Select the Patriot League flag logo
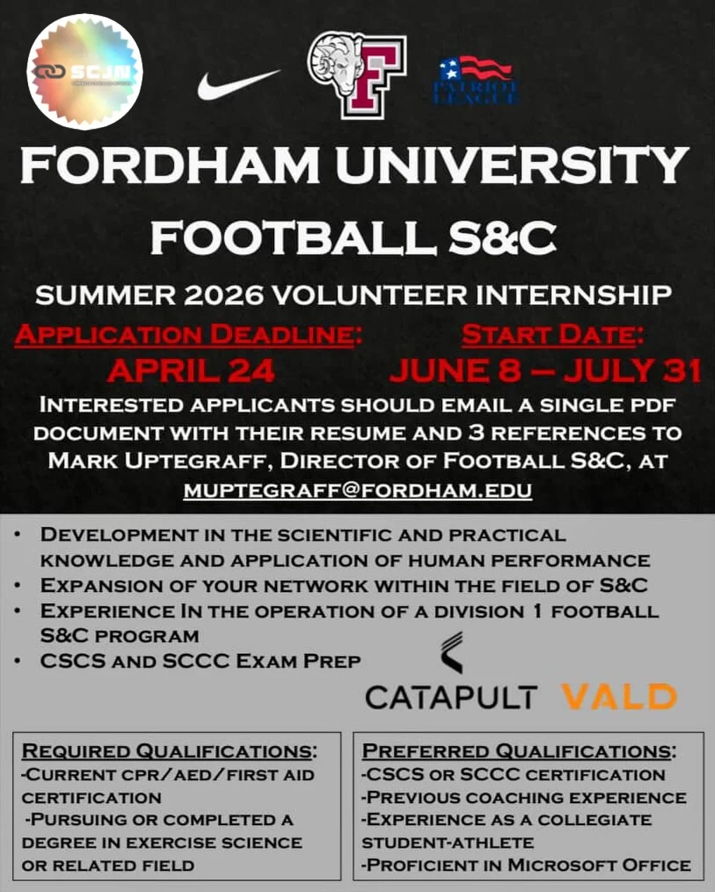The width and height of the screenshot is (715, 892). [478, 80]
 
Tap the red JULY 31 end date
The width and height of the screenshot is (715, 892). [632, 370]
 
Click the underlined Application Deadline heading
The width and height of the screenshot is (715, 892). [187, 334]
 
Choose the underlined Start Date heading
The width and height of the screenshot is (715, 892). [552, 334]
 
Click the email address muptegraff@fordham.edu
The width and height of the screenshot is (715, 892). [357, 490]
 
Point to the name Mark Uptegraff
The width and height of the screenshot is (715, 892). [159, 462]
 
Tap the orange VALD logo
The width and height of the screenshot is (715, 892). [619, 697]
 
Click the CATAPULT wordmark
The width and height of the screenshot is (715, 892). [451, 697]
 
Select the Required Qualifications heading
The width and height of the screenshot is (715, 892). [169, 750]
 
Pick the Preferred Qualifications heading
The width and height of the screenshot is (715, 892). [519, 750]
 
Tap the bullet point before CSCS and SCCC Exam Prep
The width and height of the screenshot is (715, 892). [25, 662]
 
